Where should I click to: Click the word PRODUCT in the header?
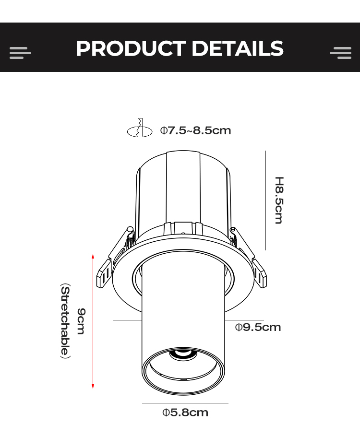click(131, 48)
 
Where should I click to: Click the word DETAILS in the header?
click(238, 48)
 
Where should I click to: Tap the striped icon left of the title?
click(20, 53)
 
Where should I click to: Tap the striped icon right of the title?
click(340, 53)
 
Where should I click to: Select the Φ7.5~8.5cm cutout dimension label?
click(195, 130)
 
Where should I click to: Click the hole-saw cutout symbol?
click(140, 128)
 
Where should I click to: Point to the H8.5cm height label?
click(279, 200)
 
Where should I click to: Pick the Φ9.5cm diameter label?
click(258, 327)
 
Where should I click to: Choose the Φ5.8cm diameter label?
click(185, 413)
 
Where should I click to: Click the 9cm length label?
click(81, 321)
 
